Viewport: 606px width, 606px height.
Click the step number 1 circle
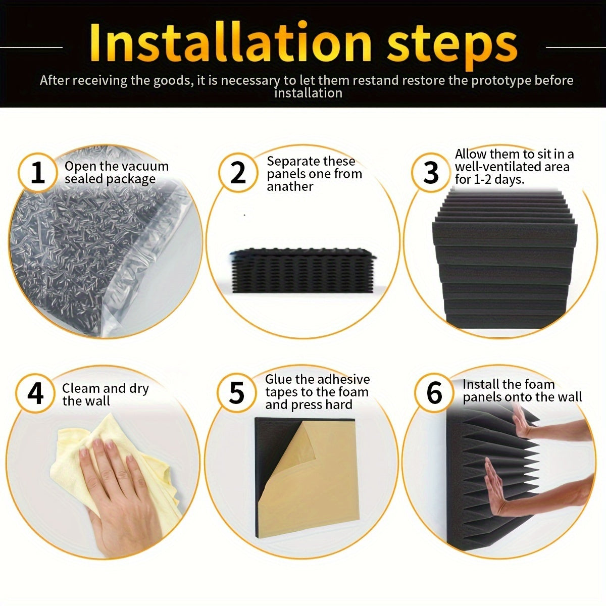[x=38, y=173]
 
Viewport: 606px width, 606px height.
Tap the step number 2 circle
[x=238, y=173]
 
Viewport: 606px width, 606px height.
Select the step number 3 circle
[x=431, y=173]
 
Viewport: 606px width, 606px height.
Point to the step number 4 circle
[x=35, y=393]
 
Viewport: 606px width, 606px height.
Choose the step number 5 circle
[x=236, y=393]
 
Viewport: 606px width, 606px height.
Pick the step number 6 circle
[x=434, y=393]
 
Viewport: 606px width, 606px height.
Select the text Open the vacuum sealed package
[x=116, y=173]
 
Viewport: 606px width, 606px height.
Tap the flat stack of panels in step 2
[x=301, y=270]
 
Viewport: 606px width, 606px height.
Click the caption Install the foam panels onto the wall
[x=522, y=390]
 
